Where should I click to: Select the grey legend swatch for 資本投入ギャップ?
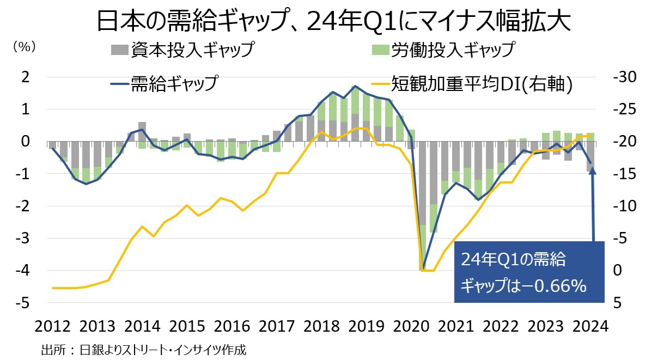click(120, 50)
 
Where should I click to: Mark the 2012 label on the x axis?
click(53, 327)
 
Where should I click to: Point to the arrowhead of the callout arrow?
click(593, 171)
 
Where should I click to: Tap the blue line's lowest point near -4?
click(423, 268)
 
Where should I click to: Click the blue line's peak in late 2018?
click(355, 86)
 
